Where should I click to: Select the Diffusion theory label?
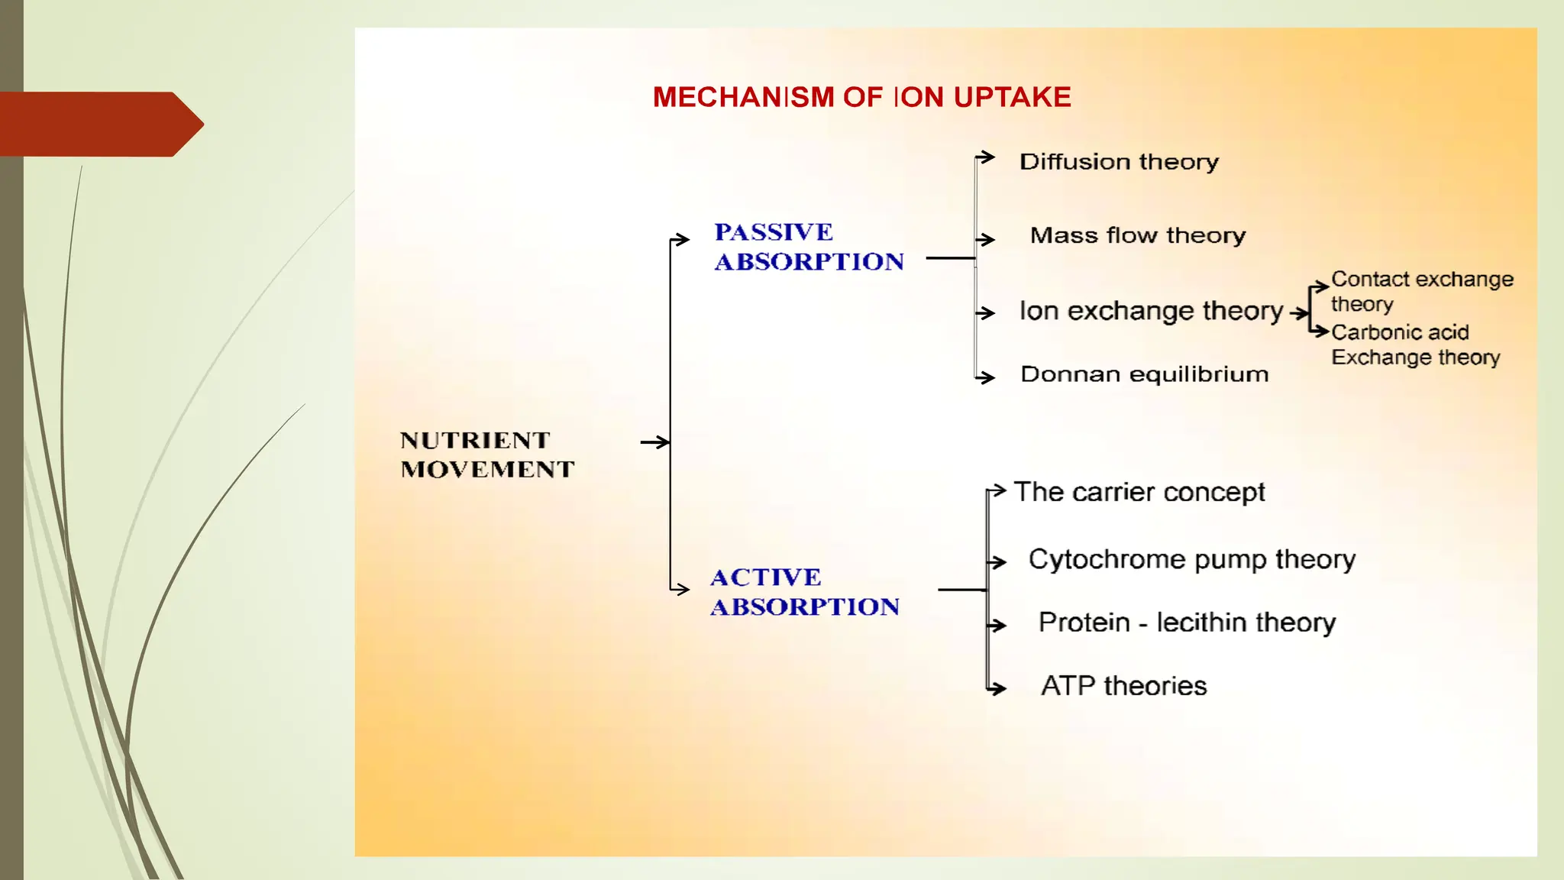click(1119, 162)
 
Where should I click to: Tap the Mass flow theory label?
click(1137, 235)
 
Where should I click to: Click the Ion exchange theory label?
click(1151, 311)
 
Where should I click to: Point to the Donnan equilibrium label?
click(1144, 374)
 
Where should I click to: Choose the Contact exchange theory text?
click(1420, 290)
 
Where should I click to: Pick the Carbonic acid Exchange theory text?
click(1414, 345)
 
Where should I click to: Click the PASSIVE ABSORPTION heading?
click(808, 247)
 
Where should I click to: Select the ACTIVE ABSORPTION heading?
click(804, 592)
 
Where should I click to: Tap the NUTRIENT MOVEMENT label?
click(486, 455)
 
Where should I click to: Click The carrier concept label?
click(1139, 492)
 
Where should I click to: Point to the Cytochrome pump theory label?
click(1191, 559)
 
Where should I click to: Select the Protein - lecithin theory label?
click(1187, 623)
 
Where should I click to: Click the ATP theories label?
click(1123, 686)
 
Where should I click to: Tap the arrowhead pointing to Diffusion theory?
click(988, 157)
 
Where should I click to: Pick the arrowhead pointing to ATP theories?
click(999, 689)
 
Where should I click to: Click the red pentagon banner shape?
click(99, 124)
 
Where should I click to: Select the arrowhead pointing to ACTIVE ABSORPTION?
click(682, 589)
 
